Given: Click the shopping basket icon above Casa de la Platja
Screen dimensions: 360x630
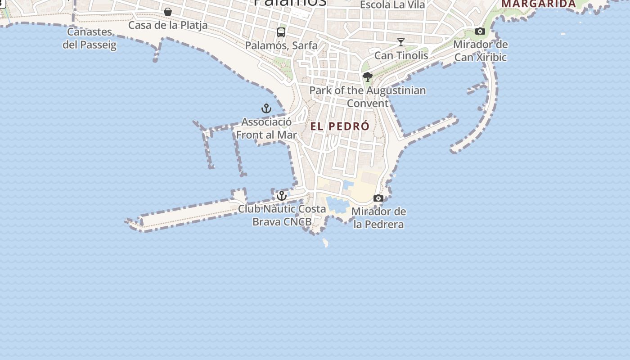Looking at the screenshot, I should coord(168,12).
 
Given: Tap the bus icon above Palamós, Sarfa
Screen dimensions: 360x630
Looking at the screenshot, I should coord(281,32).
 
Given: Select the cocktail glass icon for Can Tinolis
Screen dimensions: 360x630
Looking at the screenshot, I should coord(401,42).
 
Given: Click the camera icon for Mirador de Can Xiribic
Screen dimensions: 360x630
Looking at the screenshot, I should coord(480,31).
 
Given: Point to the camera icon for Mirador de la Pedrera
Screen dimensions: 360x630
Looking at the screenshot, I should coord(378,198).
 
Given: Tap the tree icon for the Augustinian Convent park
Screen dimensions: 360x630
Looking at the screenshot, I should coord(368,77).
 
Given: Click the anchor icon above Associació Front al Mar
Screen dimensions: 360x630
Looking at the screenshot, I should coord(266,108).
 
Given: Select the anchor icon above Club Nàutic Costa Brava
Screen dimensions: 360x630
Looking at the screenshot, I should coord(282,196).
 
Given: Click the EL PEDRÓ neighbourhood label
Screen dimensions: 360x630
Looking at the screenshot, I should coord(340,126).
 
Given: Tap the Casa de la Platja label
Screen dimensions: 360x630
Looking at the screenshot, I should coord(168,25).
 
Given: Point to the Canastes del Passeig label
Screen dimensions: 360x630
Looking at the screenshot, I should coord(90,38).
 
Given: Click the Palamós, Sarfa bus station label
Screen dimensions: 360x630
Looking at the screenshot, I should coord(281,45).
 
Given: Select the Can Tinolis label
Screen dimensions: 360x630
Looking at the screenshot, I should coord(401,55).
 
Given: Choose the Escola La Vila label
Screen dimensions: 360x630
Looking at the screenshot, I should coord(392,5).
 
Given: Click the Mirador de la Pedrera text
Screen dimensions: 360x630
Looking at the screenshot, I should coord(378,218).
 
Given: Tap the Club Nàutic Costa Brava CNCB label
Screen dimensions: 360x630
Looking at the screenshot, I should coord(282,215).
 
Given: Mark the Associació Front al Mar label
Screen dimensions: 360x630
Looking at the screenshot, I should coord(266,128).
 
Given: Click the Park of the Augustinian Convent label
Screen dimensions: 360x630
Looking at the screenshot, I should coord(368,97).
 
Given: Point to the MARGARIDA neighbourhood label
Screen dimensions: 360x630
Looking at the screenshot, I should coord(539,4).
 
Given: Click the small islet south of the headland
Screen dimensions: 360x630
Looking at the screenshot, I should coord(325,243).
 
